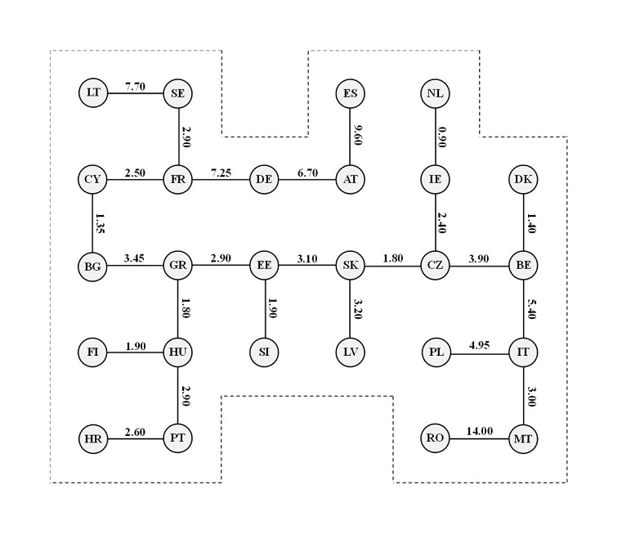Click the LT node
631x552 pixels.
point(93,93)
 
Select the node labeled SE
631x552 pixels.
point(178,93)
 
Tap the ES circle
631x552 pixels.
point(350,93)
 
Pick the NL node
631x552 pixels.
point(435,93)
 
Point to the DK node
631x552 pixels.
point(523,179)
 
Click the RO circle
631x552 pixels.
point(435,438)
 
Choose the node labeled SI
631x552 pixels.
point(264,352)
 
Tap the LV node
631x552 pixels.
point(350,352)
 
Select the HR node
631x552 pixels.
point(93,438)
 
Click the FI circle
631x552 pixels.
point(92,352)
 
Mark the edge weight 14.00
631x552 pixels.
point(479,431)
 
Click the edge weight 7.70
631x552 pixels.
point(135,86)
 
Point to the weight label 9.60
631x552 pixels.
point(357,135)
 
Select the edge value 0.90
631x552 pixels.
point(442,137)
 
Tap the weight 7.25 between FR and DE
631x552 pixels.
point(221,173)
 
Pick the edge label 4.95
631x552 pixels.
point(479,345)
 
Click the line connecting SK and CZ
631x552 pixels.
point(392,266)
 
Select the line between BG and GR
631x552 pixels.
point(135,265)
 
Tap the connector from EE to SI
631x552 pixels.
point(265,308)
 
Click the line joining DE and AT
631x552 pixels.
point(307,180)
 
